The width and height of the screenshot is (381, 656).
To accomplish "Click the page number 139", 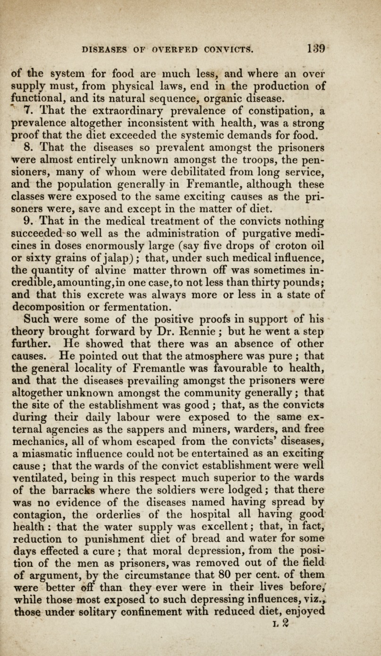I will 313,48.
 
